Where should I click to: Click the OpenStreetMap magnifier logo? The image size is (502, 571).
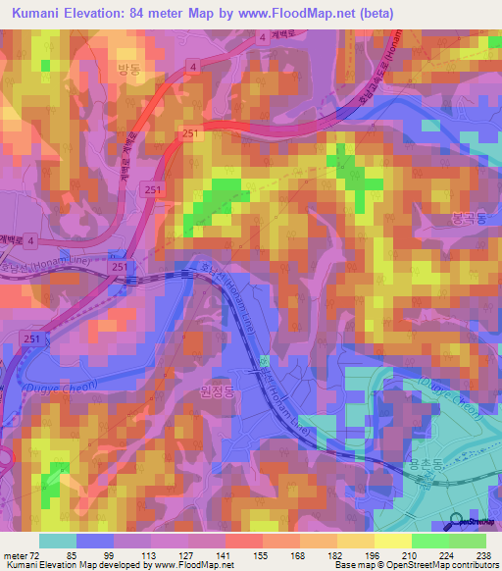tap(457, 522)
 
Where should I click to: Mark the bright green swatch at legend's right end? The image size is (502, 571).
tap(468, 541)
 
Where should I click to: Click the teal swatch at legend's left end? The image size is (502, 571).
tap(57, 541)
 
